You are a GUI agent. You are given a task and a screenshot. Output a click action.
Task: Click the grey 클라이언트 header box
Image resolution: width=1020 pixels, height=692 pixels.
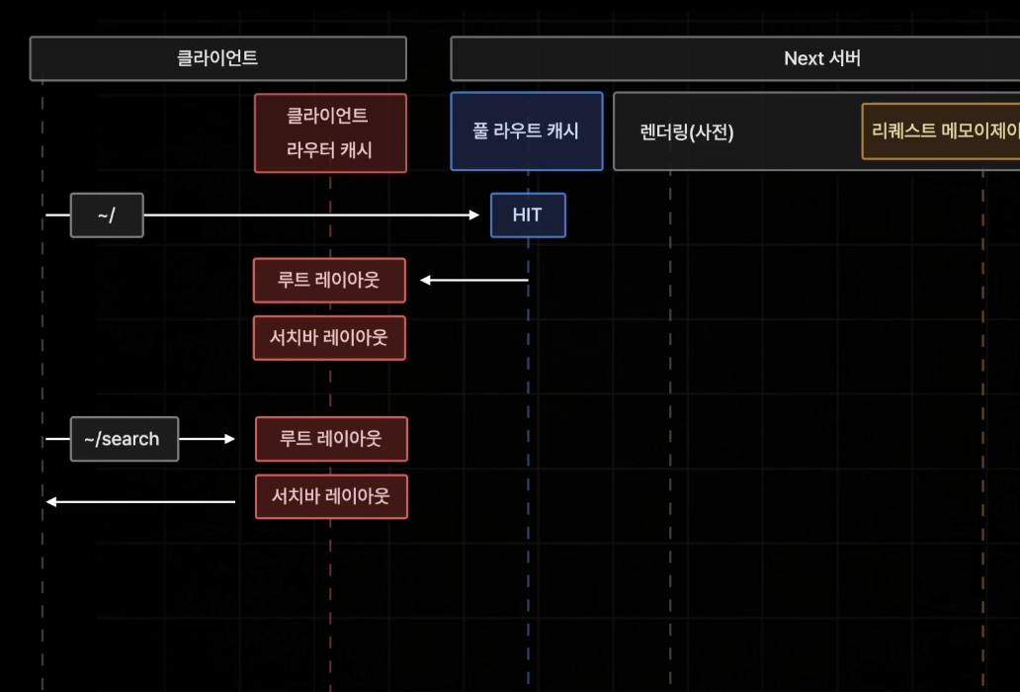pos(217,58)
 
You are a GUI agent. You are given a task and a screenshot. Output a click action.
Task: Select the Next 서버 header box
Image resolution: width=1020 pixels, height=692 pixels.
pos(735,58)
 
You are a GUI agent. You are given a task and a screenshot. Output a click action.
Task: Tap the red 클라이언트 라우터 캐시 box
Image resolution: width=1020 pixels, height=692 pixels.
pos(330,133)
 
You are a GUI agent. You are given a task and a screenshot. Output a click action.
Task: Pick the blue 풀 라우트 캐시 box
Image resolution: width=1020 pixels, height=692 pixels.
pos(526,131)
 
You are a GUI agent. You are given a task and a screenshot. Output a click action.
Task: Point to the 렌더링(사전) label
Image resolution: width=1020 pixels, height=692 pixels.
pos(688,132)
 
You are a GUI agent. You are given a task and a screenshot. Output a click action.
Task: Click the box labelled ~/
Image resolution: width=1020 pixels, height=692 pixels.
pos(107,216)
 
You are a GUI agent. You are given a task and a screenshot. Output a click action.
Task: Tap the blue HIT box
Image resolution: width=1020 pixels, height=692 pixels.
pos(528,216)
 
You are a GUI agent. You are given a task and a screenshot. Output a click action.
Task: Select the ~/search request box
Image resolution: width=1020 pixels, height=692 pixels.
pos(125,439)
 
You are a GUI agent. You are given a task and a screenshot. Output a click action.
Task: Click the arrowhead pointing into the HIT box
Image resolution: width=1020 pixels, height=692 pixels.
pos(473,215)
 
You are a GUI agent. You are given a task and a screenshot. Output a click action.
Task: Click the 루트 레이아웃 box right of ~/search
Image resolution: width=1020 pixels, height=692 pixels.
pos(331,439)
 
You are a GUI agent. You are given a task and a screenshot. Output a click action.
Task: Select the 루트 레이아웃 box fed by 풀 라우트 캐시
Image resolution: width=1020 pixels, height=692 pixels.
pos(329,281)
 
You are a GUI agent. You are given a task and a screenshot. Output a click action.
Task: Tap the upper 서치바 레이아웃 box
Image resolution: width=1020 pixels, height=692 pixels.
pos(329,338)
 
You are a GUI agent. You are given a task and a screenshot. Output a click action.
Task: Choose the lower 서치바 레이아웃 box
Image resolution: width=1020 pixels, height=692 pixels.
pos(331,496)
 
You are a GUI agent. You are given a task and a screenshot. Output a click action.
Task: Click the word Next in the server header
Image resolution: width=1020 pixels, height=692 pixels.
pos(804,58)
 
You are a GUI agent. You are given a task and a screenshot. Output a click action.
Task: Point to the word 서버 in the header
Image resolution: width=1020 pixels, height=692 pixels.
pos(845,58)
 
